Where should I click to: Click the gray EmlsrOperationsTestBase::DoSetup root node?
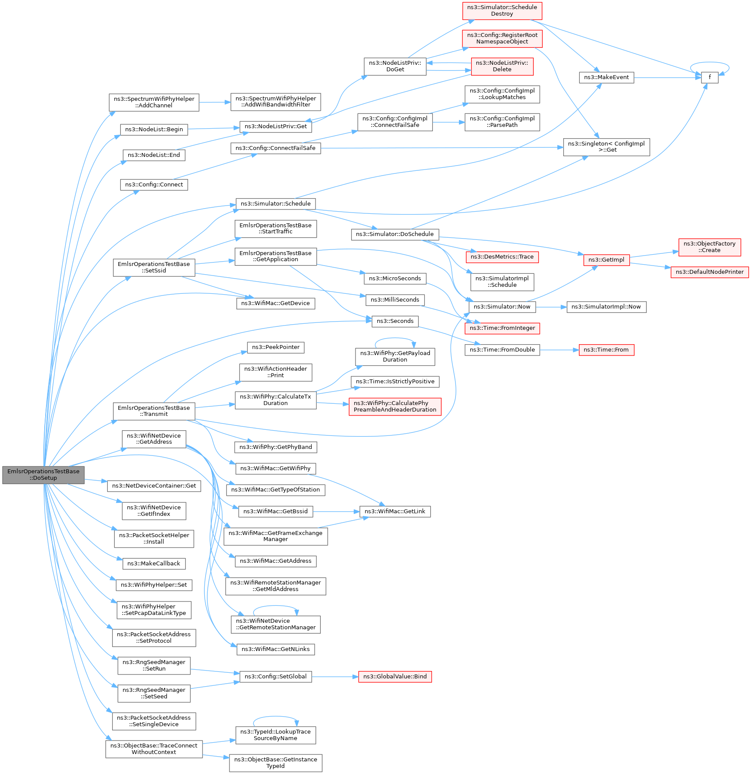click(x=43, y=475)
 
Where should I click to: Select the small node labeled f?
click(x=709, y=77)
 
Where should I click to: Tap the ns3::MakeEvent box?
click(x=606, y=77)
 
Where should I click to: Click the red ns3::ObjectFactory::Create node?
click(x=709, y=247)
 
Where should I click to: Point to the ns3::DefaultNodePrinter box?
click(x=709, y=272)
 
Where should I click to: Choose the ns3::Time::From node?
click(x=606, y=350)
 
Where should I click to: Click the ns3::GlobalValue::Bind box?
click(x=395, y=677)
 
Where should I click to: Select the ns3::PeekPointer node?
click(x=276, y=347)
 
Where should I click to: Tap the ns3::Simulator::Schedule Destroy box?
click(x=502, y=10)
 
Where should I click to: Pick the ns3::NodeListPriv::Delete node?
click(x=502, y=66)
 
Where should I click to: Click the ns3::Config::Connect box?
click(x=154, y=185)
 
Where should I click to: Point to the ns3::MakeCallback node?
click(x=154, y=564)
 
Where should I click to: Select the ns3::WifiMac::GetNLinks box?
click(x=276, y=649)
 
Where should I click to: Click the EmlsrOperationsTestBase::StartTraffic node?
click(x=276, y=229)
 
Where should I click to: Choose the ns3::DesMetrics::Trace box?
click(x=502, y=257)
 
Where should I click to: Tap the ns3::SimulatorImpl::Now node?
click(x=606, y=307)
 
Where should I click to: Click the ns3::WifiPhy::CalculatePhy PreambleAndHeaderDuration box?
click(x=395, y=406)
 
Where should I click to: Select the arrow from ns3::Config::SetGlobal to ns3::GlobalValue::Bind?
click(x=335, y=677)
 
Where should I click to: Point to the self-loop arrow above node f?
click(x=709, y=64)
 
